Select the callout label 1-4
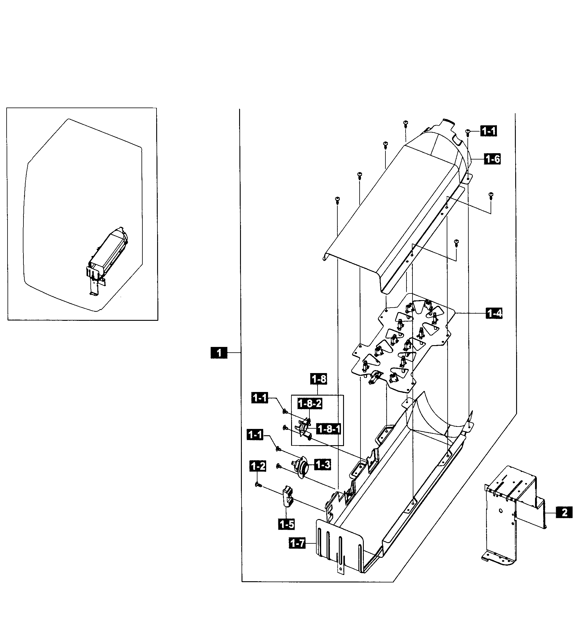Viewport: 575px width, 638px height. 494,313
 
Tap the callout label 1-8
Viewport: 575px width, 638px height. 319,379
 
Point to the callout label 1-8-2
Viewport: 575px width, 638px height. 310,403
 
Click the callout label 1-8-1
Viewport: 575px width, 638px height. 329,429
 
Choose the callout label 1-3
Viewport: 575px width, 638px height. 323,464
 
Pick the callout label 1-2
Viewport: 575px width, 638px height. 258,466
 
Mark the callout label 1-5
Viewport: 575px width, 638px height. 287,524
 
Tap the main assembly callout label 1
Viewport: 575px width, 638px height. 219,352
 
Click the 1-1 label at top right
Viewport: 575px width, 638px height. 488,131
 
